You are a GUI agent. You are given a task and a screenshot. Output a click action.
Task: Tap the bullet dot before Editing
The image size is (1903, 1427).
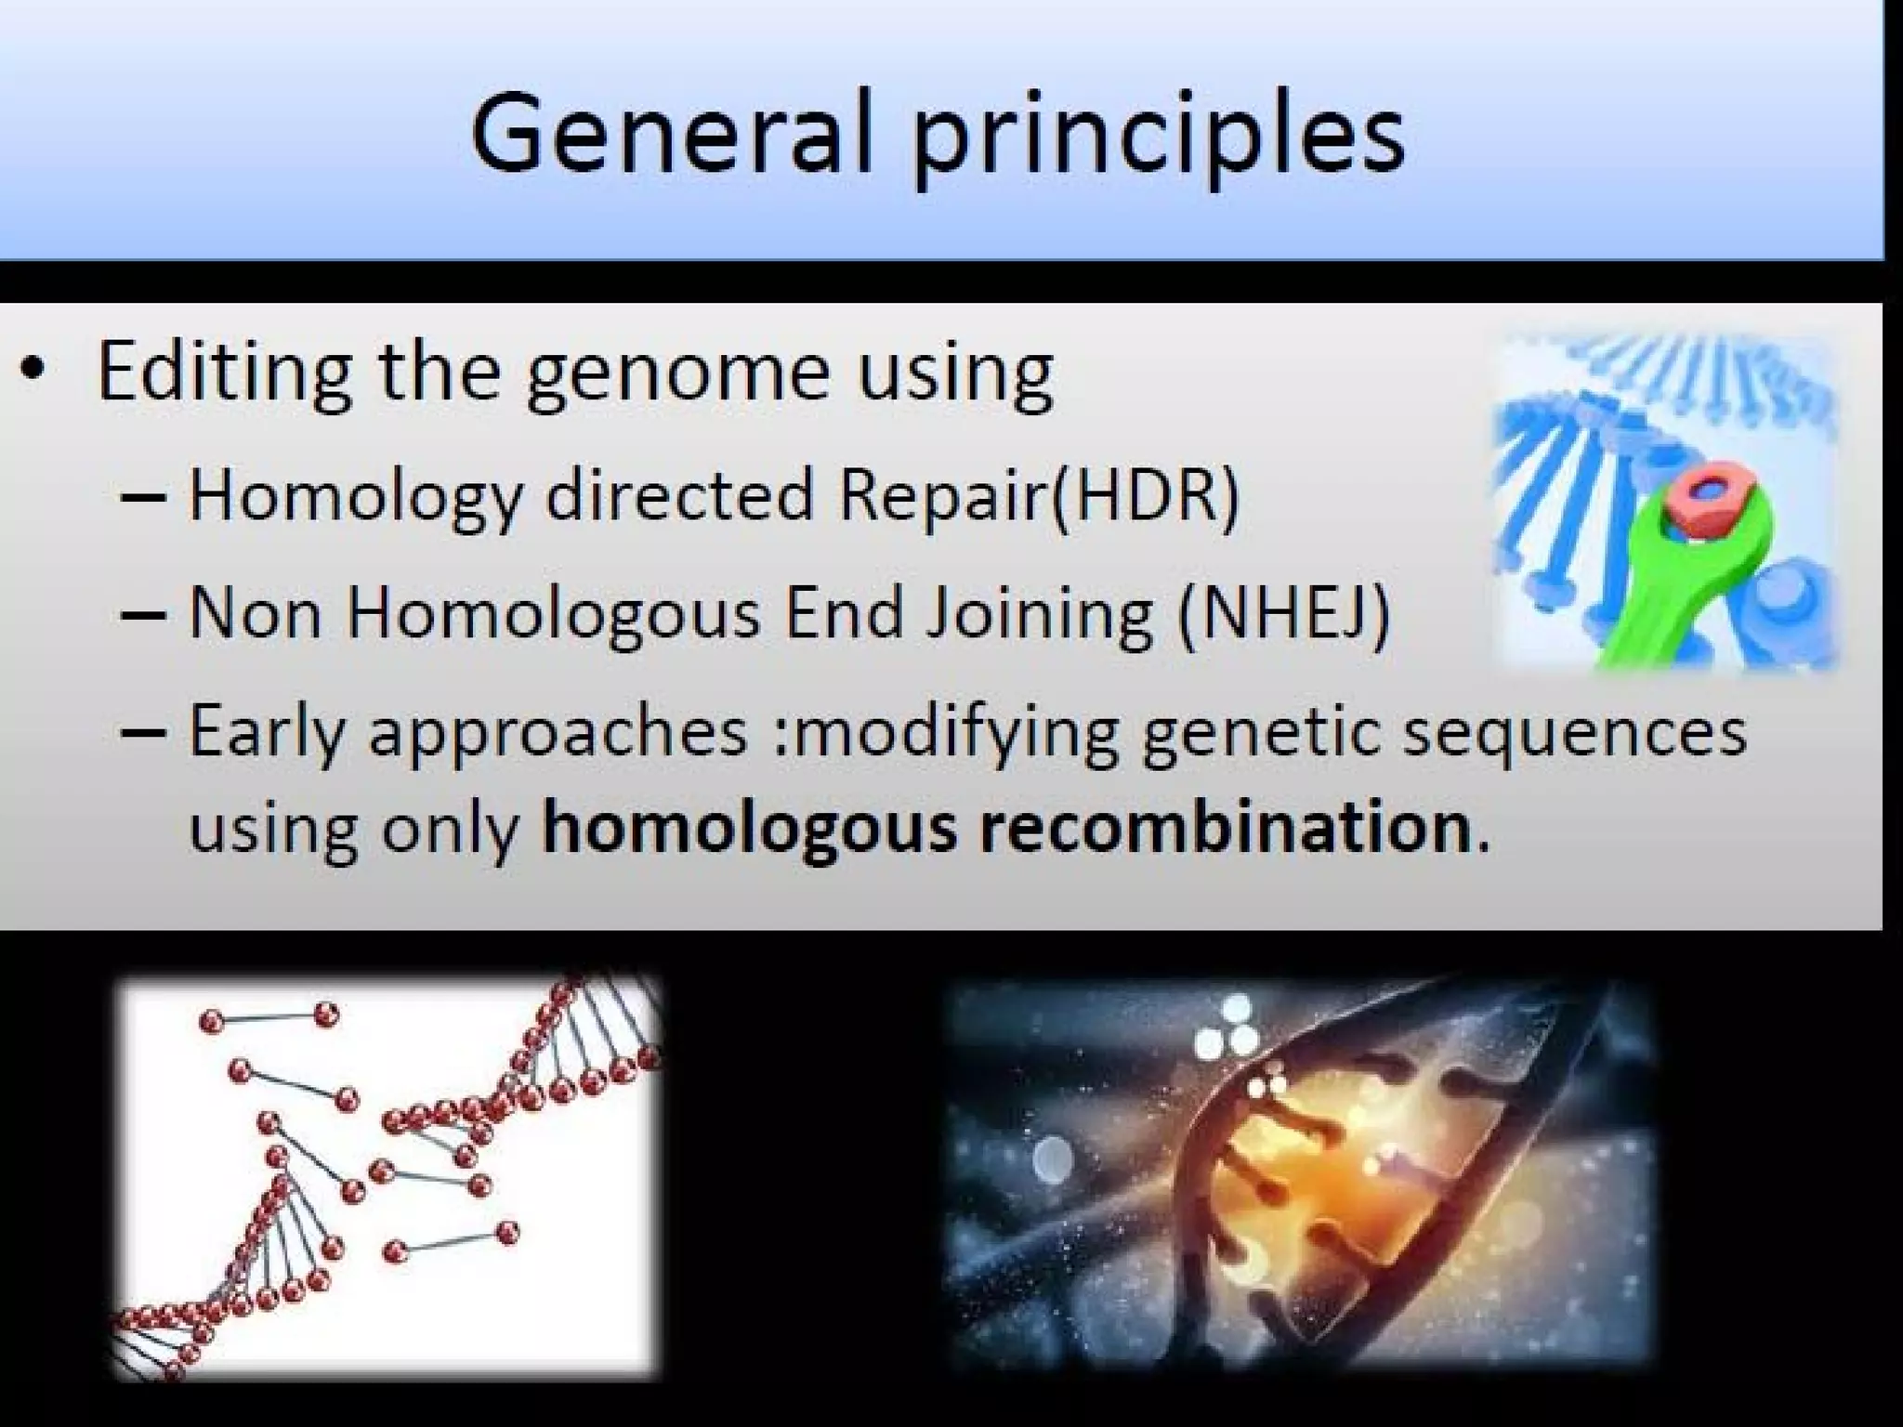(34, 370)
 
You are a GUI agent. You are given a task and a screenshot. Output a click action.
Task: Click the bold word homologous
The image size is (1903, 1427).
(748, 829)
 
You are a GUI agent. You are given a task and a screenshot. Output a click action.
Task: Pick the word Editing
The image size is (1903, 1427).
(223, 372)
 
